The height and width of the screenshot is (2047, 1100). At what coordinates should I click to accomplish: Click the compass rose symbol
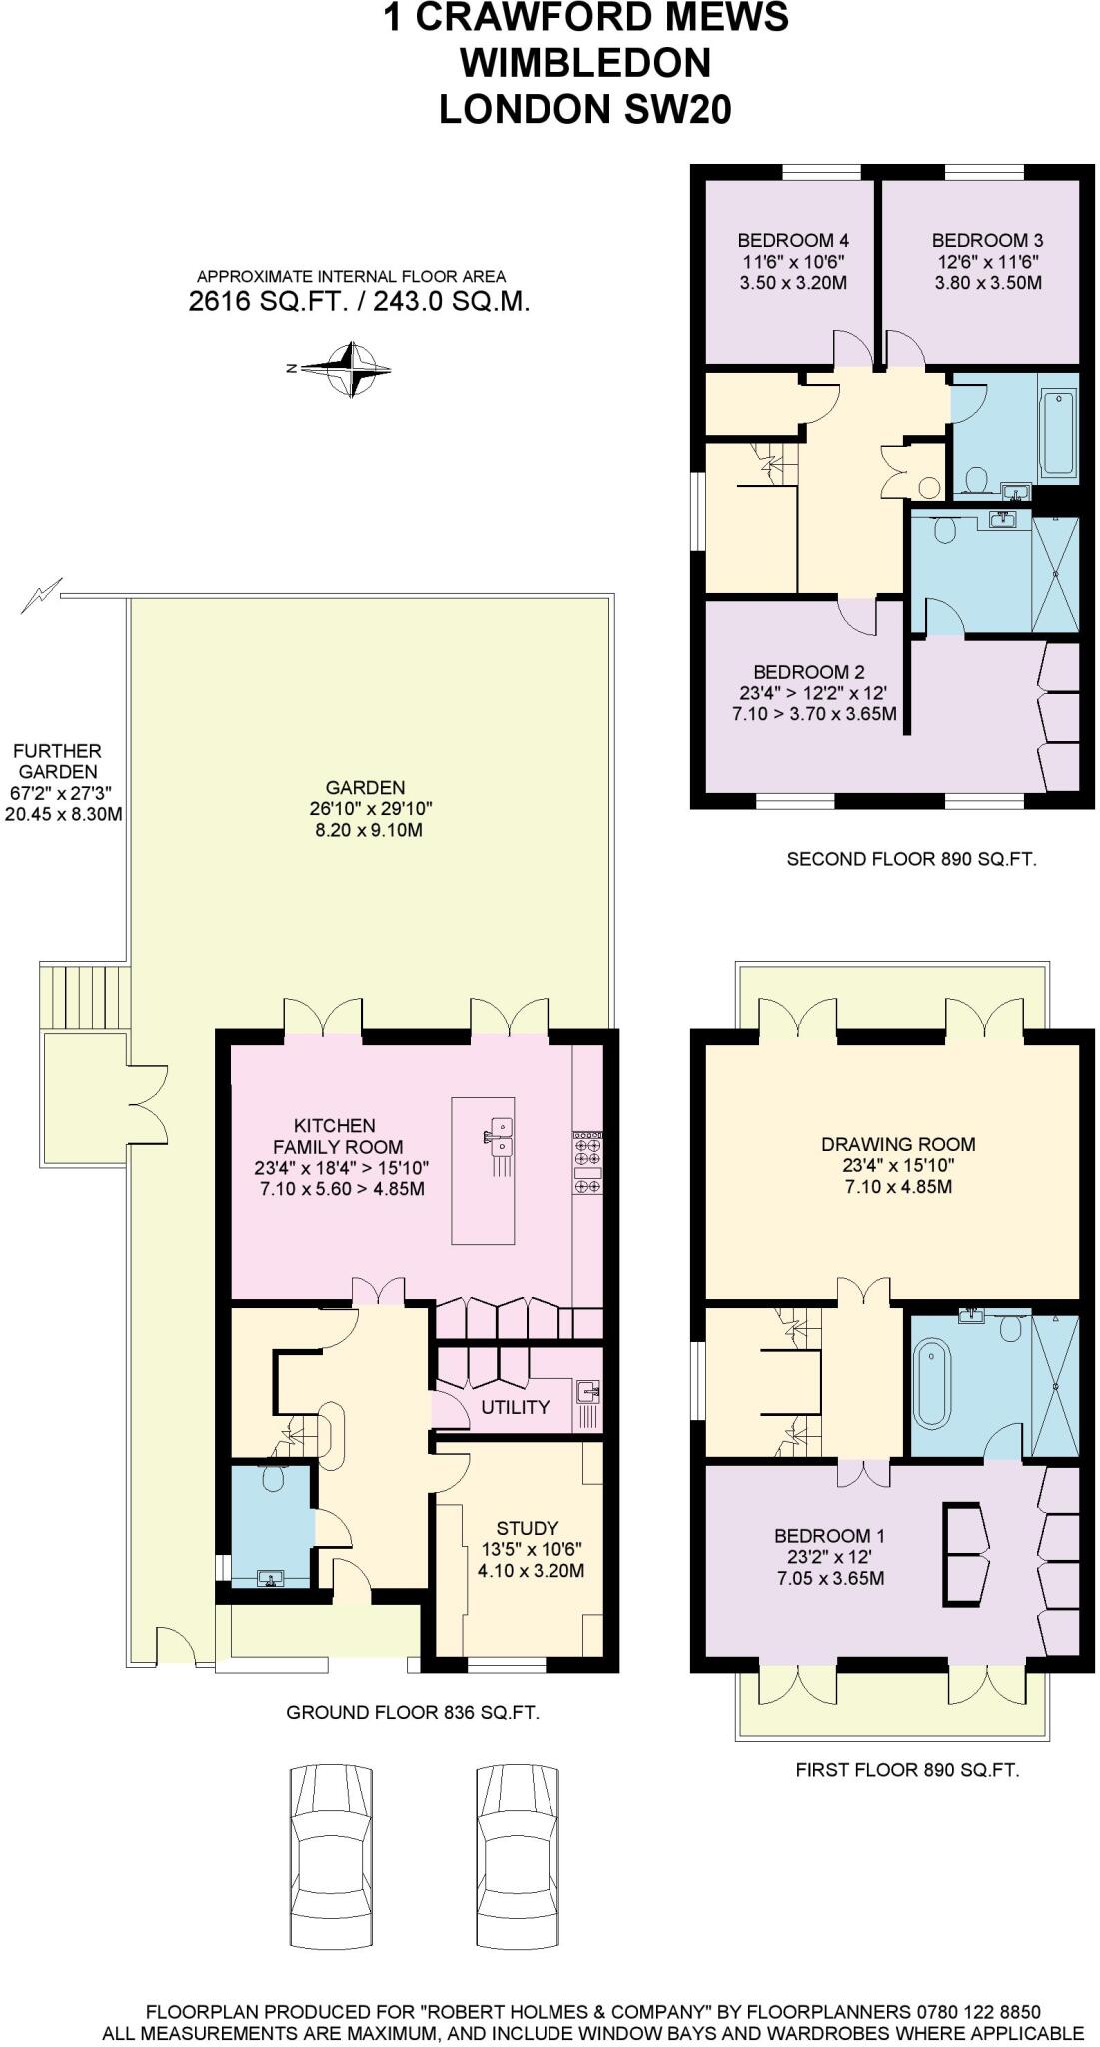tap(351, 369)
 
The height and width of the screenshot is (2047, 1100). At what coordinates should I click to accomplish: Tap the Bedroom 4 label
tap(793, 240)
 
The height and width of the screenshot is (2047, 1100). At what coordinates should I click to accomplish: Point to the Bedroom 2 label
tap(809, 672)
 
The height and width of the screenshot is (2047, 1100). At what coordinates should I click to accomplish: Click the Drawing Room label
tap(898, 1144)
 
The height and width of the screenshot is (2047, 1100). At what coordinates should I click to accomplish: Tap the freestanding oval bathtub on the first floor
tap(932, 1385)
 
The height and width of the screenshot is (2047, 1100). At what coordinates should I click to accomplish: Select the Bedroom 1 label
tap(829, 1536)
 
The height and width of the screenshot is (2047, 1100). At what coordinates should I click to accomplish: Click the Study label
tap(527, 1528)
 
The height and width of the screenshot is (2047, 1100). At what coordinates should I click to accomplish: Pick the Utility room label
tap(515, 1407)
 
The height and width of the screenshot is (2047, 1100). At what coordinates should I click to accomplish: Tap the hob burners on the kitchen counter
tap(587, 1161)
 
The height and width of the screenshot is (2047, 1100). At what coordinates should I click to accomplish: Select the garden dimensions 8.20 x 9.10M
tap(367, 830)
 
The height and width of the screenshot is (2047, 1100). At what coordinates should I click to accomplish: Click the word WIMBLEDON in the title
tap(584, 63)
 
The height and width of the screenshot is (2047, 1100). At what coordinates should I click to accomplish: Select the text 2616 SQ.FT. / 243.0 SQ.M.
tap(359, 301)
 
